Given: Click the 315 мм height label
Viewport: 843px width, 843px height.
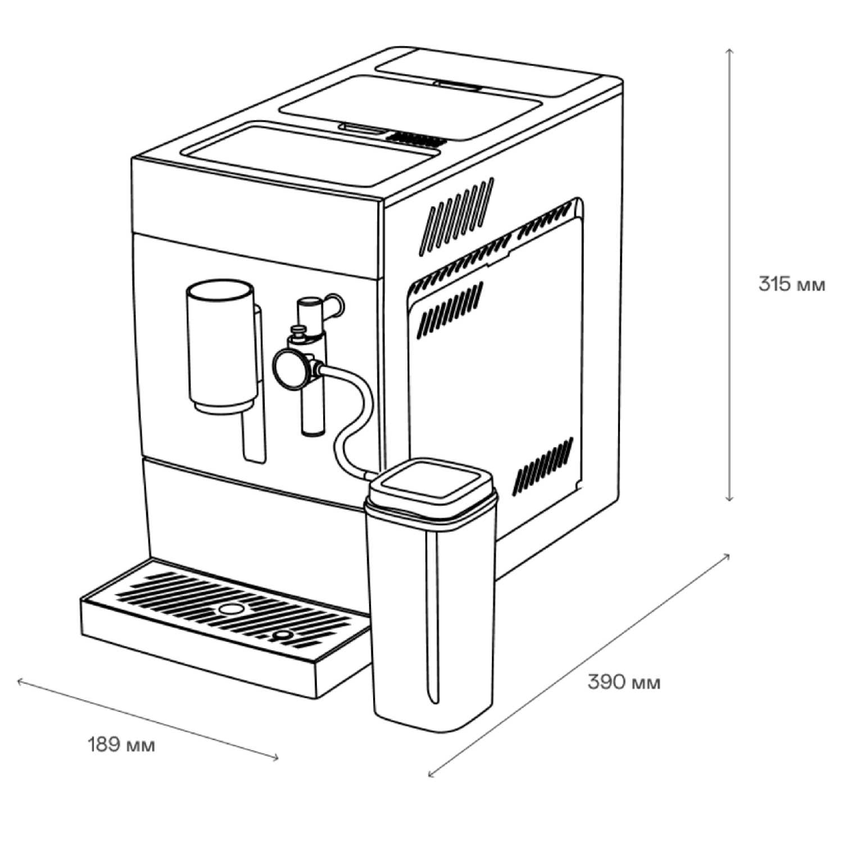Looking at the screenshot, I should coord(791,284).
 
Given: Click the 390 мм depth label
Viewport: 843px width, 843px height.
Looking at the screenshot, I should coord(624,682).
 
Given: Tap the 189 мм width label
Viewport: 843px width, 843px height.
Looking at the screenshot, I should coord(121,745).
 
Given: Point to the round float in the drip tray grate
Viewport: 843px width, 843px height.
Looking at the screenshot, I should coord(230,609).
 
